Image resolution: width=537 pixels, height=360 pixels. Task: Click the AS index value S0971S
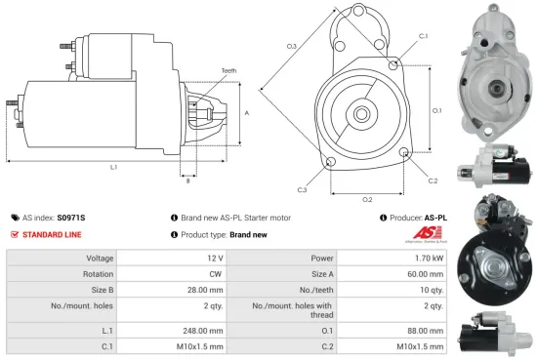coord(71,218)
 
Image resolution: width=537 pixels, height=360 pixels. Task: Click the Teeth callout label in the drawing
coord(228,71)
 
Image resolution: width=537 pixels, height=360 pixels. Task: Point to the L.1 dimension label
coord(114,168)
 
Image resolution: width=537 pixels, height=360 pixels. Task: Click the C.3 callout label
coord(303,189)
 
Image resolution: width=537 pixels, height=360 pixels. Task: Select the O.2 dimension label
coord(367,199)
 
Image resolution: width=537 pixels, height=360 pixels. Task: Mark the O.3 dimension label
coord(292,46)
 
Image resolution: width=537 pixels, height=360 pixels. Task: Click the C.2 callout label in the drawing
coord(433,181)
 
